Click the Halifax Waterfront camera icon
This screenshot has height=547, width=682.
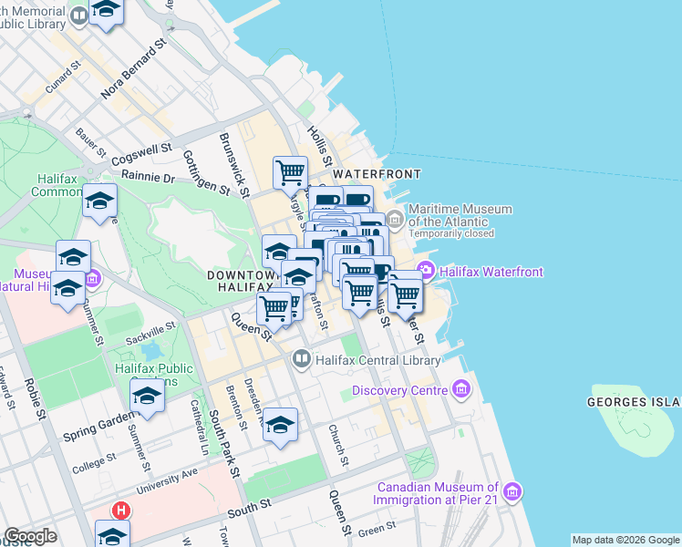coord(426,271)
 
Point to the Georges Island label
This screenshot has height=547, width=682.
coord(635,402)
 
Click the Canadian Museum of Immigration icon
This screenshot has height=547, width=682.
coord(512,493)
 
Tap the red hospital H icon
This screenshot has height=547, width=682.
coord(119,511)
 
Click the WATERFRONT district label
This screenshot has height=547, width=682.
coord(377,173)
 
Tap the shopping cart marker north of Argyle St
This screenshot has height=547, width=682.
coord(290,171)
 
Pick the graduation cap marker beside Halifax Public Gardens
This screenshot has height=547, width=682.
coord(147,395)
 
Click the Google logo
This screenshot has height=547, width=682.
coord(30,536)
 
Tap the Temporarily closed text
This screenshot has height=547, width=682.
coord(451,233)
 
